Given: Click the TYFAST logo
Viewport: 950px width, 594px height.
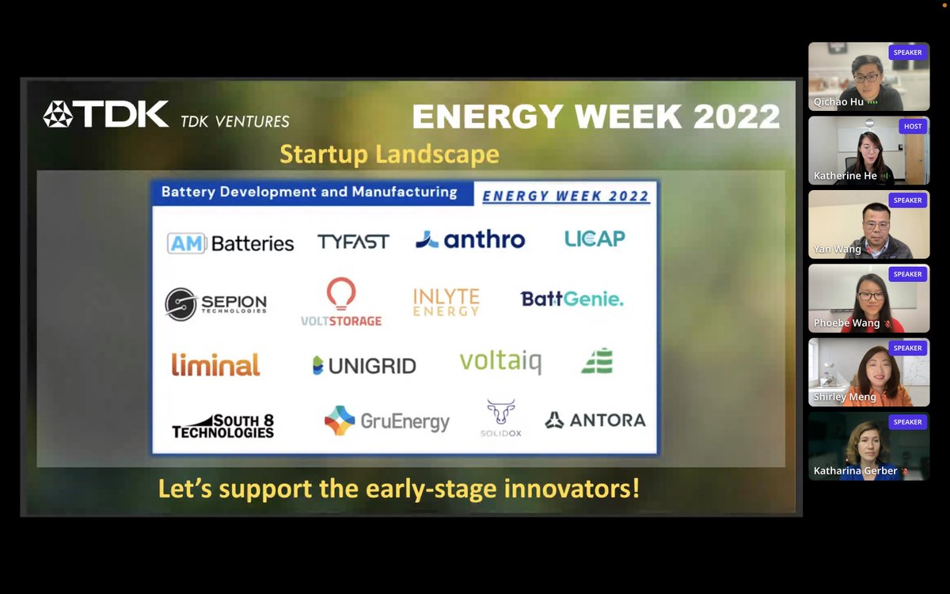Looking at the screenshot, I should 353,242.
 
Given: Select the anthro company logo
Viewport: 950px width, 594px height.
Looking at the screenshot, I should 470,239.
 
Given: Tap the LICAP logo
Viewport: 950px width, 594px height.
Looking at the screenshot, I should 595,238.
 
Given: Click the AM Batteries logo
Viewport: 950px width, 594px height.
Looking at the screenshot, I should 230,243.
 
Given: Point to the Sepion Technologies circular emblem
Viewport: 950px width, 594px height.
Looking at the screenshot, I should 180,304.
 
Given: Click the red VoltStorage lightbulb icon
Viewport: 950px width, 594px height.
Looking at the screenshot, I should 341,294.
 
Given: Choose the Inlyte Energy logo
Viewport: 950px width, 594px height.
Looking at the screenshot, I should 446,302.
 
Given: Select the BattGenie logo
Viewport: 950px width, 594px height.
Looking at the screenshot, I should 572,299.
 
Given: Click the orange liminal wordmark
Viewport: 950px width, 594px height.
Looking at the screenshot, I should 215,364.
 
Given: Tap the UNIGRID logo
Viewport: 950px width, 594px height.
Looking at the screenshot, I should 364,365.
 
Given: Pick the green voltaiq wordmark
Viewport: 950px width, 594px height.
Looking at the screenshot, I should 500,362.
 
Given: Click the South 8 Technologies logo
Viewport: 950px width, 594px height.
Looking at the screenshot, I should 223,426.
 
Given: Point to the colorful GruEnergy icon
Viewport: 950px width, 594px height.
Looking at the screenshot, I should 340,421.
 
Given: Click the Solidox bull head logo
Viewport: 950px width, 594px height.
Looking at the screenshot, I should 500,413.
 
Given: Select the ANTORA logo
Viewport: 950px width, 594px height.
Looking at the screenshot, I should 595,421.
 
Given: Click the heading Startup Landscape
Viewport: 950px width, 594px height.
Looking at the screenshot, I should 389,154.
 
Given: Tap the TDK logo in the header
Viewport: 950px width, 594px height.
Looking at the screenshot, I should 106,115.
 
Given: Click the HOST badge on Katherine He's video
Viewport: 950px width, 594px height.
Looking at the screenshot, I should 913,126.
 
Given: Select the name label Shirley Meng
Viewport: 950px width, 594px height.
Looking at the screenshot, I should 845,397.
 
